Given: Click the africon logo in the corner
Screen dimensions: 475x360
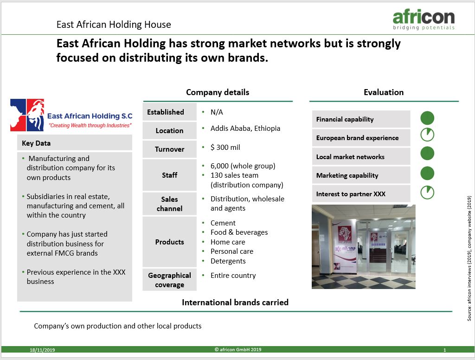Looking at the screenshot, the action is pos(424,19).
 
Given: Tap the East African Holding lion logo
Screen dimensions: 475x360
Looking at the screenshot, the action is pos(27,115).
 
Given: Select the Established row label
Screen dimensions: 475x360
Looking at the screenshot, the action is pos(166,112).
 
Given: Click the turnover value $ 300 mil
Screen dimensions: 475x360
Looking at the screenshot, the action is pos(225,147).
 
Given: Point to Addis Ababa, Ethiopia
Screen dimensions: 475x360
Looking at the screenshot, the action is pos(245,129).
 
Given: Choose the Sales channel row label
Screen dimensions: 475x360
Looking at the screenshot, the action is pos(169,204).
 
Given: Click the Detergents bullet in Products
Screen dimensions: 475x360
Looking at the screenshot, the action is pos(228,261).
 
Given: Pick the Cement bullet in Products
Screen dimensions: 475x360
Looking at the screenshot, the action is pos(223,223).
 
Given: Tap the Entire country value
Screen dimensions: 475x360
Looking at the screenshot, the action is pos(233,276).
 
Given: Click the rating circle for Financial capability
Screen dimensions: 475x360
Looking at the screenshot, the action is pos(427,118).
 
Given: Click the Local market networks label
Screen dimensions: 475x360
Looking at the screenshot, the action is pos(350,157).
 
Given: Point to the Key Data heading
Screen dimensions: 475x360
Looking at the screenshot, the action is pos(36,143).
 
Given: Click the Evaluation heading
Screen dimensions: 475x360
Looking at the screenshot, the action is pos(384,92).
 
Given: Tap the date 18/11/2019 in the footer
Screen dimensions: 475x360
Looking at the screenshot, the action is pos(42,350).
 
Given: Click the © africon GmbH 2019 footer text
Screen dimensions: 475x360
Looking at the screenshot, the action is pos(238,350).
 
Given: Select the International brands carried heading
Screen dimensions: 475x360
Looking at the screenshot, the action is pos(235,302).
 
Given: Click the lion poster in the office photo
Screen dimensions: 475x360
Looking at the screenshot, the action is pos(345,234).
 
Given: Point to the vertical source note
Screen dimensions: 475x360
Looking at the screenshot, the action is pos(469,258).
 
